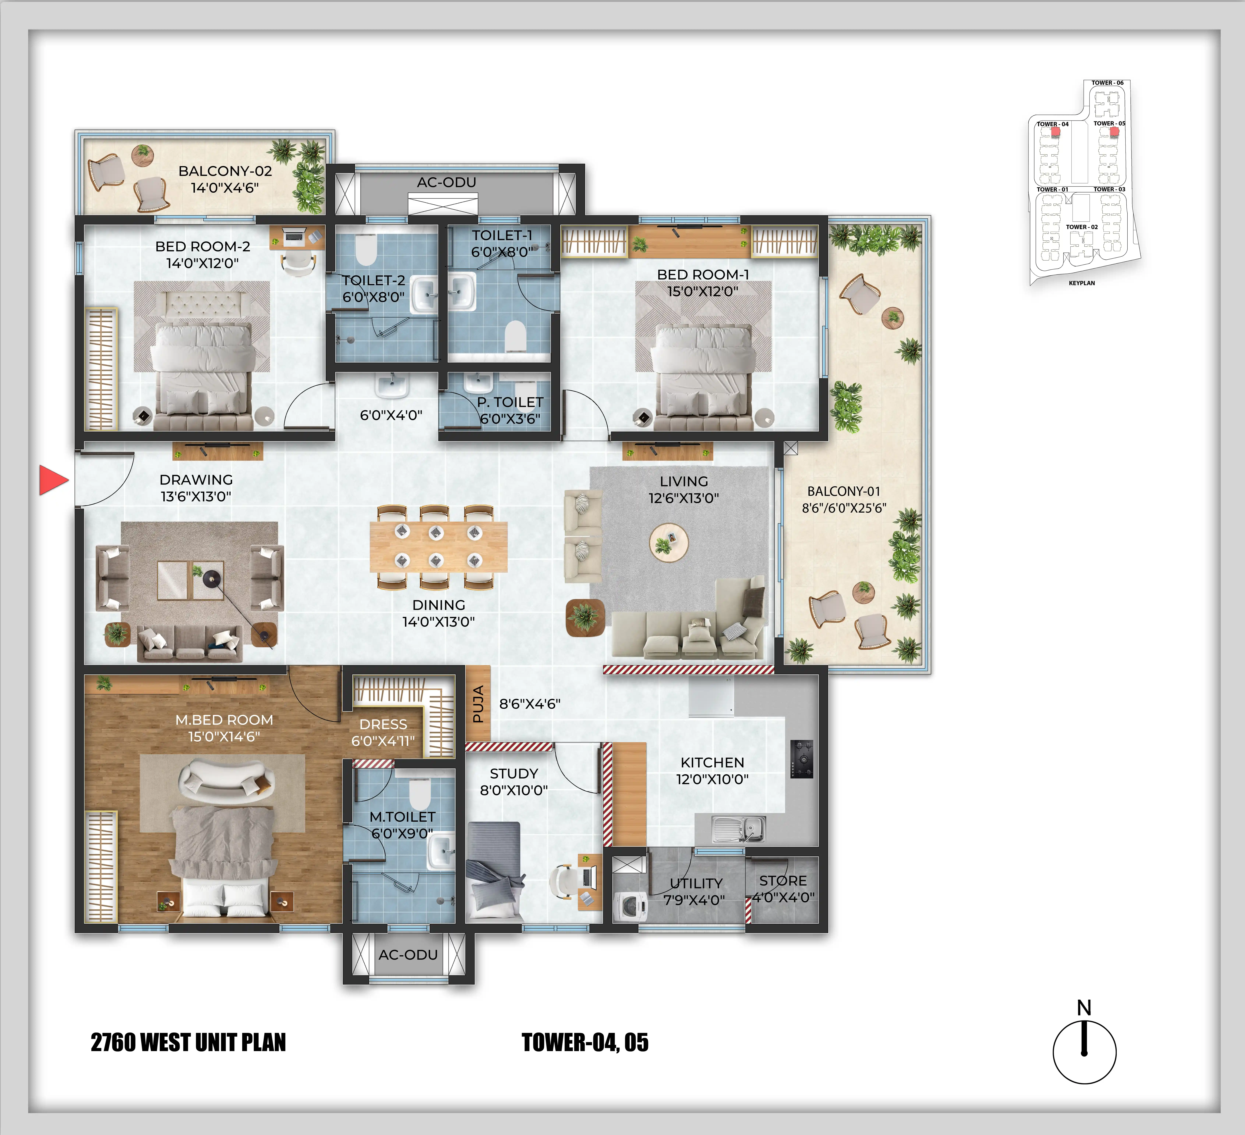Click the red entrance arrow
[x=53, y=480]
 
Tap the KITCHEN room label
[x=712, y=763]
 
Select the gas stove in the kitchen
[x=802, y=759]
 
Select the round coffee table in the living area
[x=669, y=543]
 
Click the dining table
[x=439, y=546]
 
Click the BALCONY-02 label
[x=225, y=171]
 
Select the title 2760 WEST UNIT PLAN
[x=188, y=1042]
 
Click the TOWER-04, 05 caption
[x=585, y=1042]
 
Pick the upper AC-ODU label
[x=446, y=182]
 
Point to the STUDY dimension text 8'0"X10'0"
[x=514, y=790]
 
